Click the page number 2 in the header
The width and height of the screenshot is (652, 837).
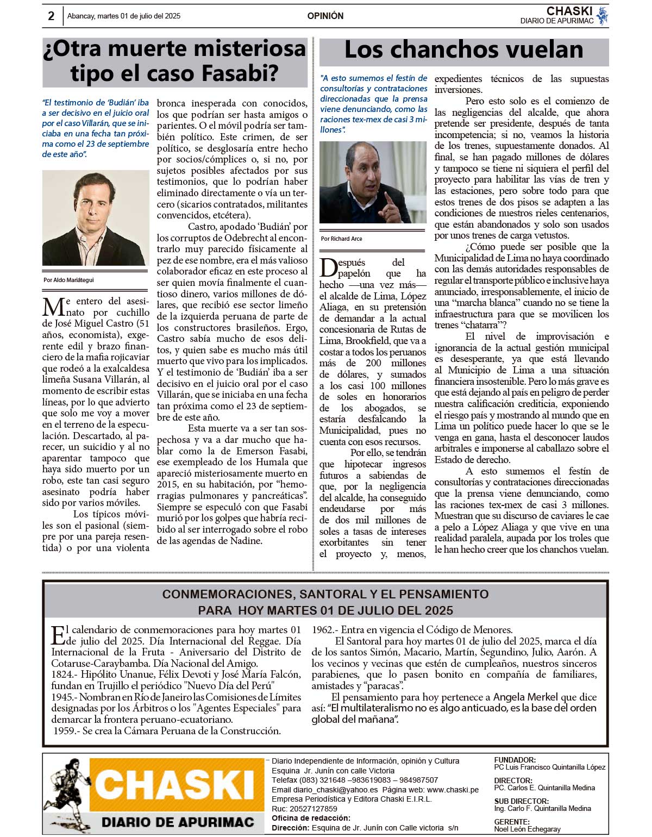[x=51, y=16]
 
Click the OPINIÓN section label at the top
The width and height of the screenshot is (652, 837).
[x=325, y=16]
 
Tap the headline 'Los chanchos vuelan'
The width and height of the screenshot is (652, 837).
[x=463, y=49]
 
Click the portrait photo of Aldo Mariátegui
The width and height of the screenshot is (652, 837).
[x=95, y=217]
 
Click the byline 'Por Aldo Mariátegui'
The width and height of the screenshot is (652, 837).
[x=68, y=280]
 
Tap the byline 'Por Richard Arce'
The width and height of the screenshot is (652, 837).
[x=341, y=239]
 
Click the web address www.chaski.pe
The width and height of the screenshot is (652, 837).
[x=453, y=789]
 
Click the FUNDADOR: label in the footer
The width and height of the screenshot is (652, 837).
[x=515, y=760]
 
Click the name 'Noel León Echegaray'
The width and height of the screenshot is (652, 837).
[x=527, y=829]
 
